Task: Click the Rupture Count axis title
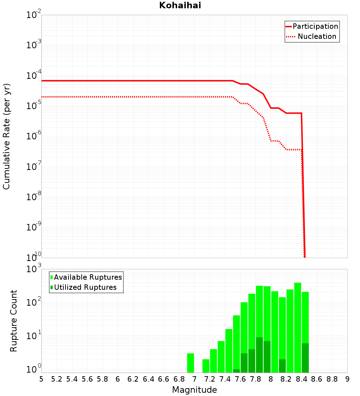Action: pos(14,321)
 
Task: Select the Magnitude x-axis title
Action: pos(194,390)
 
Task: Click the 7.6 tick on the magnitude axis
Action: pos(240,379)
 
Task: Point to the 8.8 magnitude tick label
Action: pos(332,379)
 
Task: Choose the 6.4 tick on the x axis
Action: pos(149,379)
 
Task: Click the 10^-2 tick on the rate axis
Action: pos(34,15)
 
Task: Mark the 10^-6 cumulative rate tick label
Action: pos(34,136)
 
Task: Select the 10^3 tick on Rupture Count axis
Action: pos(34,269)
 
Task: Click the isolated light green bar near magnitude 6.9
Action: pos(190,363)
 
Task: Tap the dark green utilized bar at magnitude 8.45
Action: pos(305,358)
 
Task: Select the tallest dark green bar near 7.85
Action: pos(259,355)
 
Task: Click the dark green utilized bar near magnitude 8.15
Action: pos(282,366)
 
